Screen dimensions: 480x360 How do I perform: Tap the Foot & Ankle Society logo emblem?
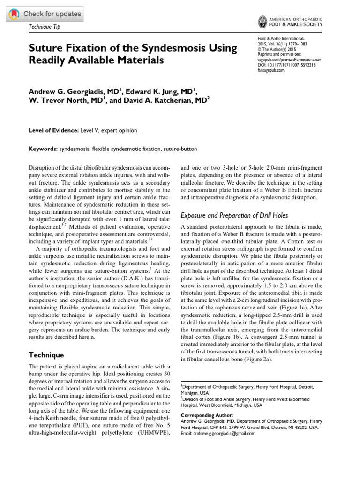point(263,21)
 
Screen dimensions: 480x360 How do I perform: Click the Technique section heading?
point(47,355)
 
